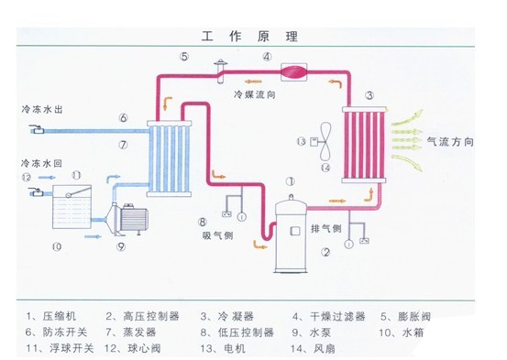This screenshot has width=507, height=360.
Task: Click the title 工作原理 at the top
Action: tap(253, 36)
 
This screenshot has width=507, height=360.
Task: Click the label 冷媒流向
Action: tap(250, 93)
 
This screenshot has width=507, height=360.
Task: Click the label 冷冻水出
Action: tap(39, 108)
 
